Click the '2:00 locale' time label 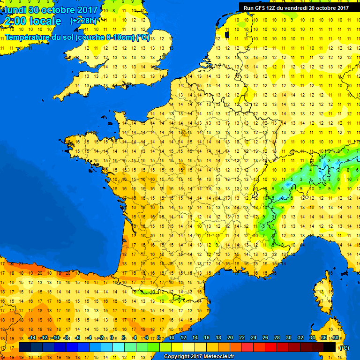33,21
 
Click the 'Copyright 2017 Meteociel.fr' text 199,356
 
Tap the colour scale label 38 336,337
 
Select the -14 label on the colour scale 32,337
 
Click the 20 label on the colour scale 230,337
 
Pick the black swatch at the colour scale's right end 330,347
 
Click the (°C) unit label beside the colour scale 344,347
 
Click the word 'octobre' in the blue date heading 57,10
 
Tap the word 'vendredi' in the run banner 294,7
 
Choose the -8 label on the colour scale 66,337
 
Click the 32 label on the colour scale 300,337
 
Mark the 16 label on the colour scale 207,337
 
